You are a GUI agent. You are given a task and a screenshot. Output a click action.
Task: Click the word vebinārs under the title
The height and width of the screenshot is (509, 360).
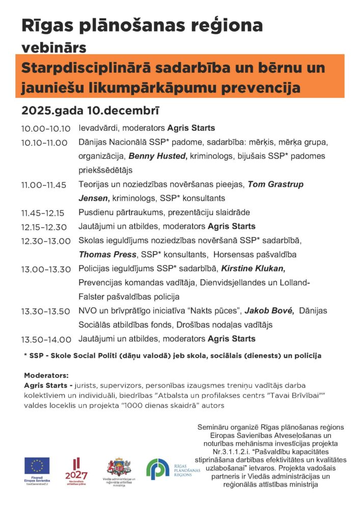(x=53, y=47)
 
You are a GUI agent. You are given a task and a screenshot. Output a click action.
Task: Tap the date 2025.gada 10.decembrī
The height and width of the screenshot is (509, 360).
(x=90, y=110)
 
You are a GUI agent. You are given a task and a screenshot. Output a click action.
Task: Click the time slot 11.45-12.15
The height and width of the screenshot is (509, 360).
(x=43, y=213)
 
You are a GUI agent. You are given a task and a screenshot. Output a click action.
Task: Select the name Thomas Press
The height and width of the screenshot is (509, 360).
(x=107, y=254)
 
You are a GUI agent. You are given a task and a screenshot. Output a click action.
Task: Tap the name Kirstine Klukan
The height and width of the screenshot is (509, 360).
(x=253, y=268)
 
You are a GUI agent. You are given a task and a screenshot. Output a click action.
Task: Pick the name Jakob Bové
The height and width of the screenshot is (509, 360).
(x=269, y=310)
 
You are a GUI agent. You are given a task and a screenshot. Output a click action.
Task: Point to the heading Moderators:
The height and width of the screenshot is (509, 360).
(x=46, y=376)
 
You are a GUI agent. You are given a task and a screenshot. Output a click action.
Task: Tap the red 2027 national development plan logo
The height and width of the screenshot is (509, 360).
(x=77, y=470)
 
